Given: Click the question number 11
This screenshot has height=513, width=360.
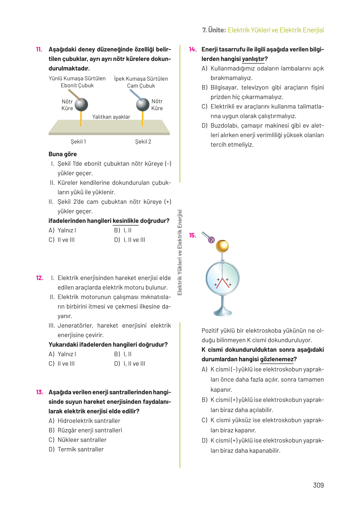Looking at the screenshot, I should [39, 50].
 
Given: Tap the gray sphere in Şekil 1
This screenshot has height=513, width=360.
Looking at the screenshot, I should [81, 105].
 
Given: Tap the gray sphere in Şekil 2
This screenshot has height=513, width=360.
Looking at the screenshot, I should [143, 104].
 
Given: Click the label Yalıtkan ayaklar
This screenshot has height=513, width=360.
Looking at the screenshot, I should [111, 117].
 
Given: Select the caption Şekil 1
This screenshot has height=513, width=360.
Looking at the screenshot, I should [78, 142].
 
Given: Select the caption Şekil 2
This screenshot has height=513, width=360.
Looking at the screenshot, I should [143, 142].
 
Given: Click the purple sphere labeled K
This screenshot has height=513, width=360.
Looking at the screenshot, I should [211, 240].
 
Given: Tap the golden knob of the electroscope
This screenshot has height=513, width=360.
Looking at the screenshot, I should [222, 246].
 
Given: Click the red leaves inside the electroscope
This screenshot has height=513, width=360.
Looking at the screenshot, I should [223, 283].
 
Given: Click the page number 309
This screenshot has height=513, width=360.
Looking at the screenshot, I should [318, 485].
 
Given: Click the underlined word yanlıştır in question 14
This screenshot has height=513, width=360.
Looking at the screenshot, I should [253, 59].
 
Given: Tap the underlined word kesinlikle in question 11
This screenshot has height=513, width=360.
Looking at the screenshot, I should [126, 221].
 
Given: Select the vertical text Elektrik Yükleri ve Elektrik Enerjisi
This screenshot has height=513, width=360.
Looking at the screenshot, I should [180, 252].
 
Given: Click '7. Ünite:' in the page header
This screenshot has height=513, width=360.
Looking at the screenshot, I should [214, 30].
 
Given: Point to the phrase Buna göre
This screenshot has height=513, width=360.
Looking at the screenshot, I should [63, 154].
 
